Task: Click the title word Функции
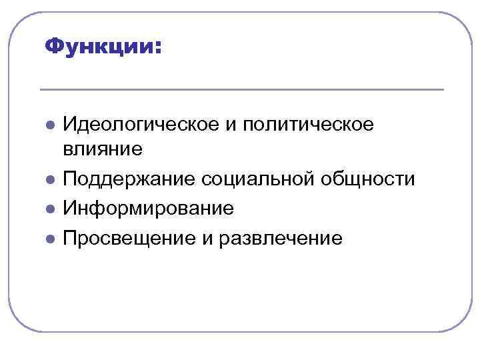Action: tap(100, 47)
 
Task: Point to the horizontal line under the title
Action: tap(241, 89)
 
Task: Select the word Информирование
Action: tap(148, 209)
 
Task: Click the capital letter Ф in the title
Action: tap(53, 47)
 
